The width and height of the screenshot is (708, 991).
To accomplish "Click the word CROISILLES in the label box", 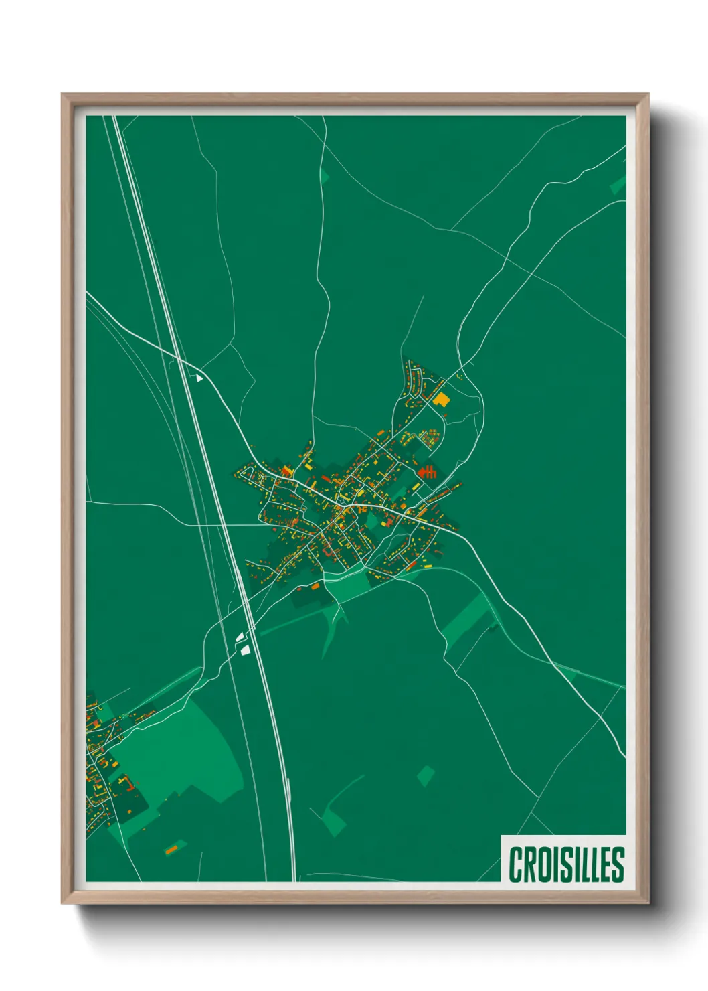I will [x=566, y=864].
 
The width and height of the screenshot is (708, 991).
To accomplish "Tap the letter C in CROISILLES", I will [x=516, y=864].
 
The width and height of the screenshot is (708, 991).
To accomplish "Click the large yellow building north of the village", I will [x=441, y=400].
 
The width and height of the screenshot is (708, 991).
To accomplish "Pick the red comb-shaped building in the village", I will [x=428, y=472].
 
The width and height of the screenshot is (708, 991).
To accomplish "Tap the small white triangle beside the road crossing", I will [x=198, y=378].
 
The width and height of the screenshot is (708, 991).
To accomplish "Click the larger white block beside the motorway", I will [x=245, y=650].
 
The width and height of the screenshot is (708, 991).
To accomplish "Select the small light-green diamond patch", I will [x=425, y=776].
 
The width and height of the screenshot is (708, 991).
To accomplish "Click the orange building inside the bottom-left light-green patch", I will [x=172, y=849].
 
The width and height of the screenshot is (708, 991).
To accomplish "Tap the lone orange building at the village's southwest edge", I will [x=315, y=587].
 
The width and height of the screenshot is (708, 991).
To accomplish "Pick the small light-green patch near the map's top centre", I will [x=325, y=177].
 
